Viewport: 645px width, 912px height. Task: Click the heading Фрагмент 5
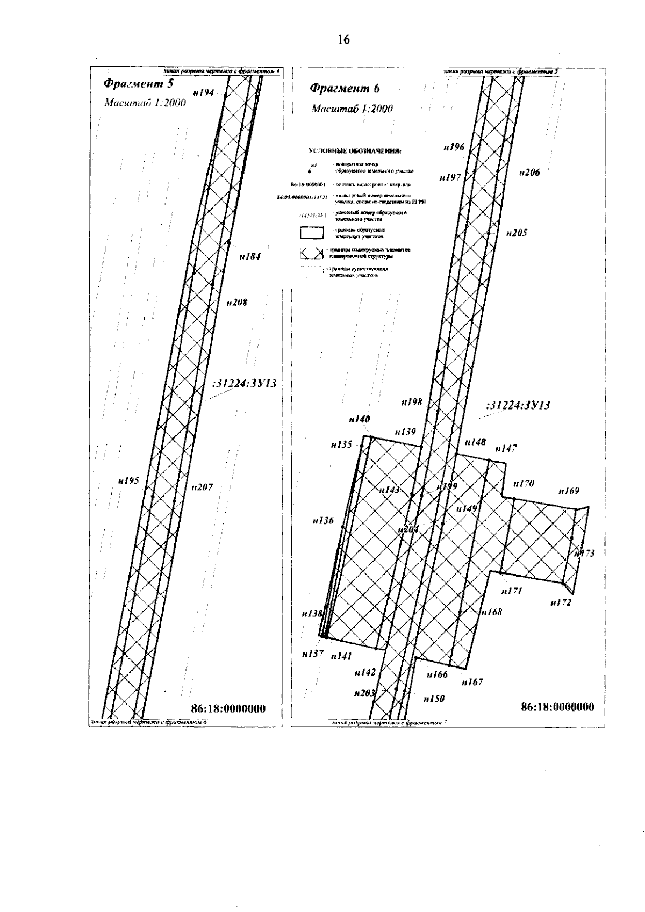[x=138, y=84]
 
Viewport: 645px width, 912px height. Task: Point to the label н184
[x=250, y=256]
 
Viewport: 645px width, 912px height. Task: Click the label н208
[x=236, y=303]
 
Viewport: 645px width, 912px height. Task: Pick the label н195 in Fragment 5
[x=128, y=480]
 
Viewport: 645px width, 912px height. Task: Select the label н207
[x=202, y=487]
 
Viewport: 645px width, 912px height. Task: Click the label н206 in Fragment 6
[x=529, y=173]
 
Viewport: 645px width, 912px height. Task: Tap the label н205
[x=517, y=233]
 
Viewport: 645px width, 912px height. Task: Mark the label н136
[x=322, y=520]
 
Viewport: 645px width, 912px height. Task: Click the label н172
[x=561, y=603]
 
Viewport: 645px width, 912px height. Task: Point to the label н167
[x=472, y=682]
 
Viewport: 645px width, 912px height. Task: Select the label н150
[x=434, y=699]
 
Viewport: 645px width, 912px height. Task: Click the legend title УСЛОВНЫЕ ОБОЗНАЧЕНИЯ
[x=355, y=153]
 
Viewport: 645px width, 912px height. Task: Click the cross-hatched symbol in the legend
[x=312, y=253]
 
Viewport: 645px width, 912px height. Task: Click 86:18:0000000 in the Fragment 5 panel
[x=228, y=709]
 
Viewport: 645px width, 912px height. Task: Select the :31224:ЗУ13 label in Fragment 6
[x=518, y=406]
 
